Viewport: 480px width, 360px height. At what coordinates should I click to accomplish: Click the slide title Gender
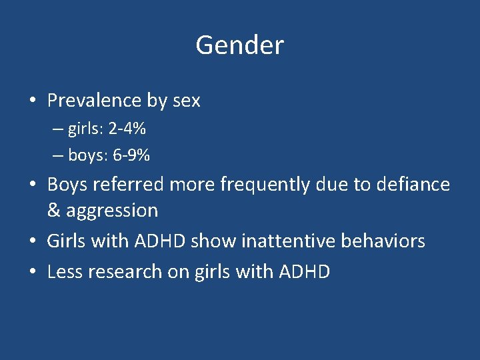[239, 45]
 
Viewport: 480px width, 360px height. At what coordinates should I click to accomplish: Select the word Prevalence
[94, 101]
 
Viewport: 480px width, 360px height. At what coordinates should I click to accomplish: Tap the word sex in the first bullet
[186, 101]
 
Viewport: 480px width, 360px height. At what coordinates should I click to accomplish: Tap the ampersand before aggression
[53, 211]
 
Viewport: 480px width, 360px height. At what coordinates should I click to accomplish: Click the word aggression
[111, 211]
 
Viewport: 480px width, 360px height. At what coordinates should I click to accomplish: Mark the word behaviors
[383, 241]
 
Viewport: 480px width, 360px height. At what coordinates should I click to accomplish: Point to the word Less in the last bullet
[64, 271]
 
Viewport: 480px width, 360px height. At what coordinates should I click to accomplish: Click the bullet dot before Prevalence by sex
[31, 101]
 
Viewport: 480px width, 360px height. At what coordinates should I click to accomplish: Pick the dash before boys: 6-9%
[57, 155]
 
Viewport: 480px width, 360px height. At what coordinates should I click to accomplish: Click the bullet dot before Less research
[31, 272]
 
